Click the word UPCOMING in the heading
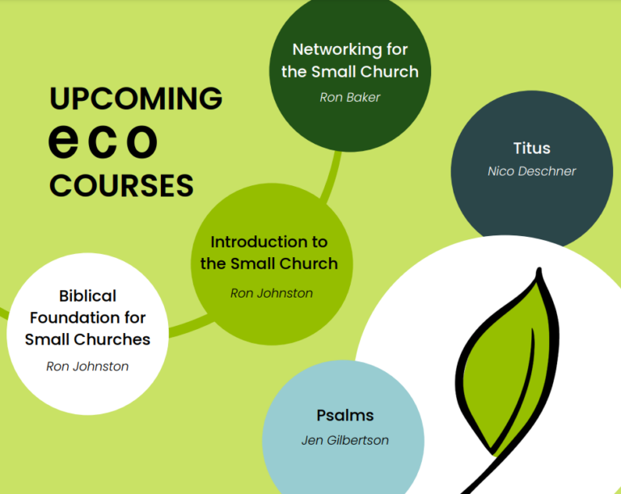coord(136,99)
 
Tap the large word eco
coord(103,141)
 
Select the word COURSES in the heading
coord(121,185)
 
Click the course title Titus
coord(532,148)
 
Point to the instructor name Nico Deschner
coord(532,171)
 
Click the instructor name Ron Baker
coord(350,98)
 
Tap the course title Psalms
coord(345,416)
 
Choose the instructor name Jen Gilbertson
coord(345,440)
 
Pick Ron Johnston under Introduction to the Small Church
coord(272,293)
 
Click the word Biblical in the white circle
coord(87,296)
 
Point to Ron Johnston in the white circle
coord(87,366)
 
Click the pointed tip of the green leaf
coord(539,269)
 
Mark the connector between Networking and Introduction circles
coord(332,177)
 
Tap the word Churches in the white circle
coord(112,340)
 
